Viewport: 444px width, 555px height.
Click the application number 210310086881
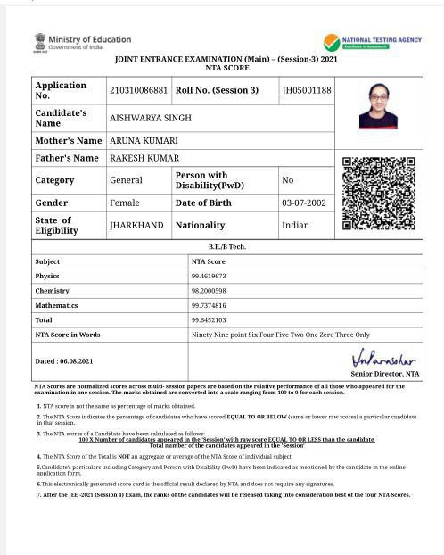(x=138, y=90)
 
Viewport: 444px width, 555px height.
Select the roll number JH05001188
(x=307, y=90)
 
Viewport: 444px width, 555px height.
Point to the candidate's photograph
(x=378, y=106)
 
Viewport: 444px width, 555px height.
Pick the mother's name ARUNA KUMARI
(x=144, y=141)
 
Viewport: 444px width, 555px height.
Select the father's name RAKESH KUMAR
(x=144, y=158)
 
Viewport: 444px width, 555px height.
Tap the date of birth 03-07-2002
(x=304, y=203)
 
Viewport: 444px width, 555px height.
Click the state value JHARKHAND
(x=136, y=226)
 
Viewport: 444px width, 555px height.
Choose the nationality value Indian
(x=295, y=226)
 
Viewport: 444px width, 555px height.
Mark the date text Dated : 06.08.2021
(x=63, y=361)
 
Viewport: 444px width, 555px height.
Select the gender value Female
(x=125, y=203)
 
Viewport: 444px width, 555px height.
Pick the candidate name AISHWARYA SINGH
(x=150, y=118)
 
